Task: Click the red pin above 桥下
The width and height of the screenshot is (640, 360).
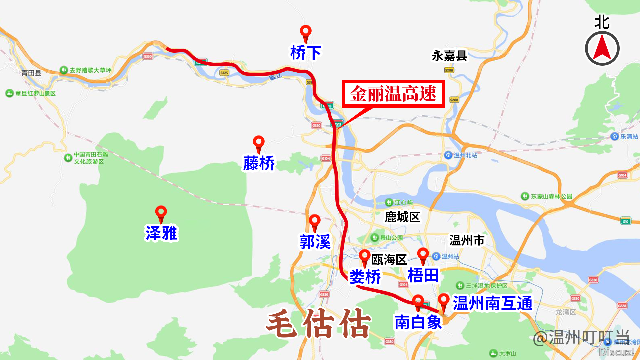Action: click(x=306, y=32)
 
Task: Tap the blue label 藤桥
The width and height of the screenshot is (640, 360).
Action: click(x=259, y=163)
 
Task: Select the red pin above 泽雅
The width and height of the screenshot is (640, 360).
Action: click(x=161, y=212)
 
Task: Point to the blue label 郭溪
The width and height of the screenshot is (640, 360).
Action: click(x=315, y=242)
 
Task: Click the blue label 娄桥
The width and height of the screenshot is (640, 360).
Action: click(x=365, y=277)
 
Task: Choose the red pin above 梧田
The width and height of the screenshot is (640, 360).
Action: click(x=423, y=255)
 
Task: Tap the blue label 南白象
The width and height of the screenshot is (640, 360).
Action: click(x=418, y=322)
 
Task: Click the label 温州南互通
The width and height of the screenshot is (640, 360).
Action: click(x=492, y=303)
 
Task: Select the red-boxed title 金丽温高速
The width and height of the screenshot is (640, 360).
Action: click(x=393, y=94)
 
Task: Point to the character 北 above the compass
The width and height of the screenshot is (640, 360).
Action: click(x=602, y=22)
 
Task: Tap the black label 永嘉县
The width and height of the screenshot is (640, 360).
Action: click(x=449, y=56)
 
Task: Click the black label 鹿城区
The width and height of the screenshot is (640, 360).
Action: click(x=402, y=217)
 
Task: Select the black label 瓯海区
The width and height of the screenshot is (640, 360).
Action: click(x=389, y=260)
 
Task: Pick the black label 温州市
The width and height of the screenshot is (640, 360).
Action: click(x=467, y=240)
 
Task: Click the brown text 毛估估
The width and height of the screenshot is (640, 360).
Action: click(x=318, y=323)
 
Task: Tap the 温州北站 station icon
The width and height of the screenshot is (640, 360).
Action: click(x=448, y=155)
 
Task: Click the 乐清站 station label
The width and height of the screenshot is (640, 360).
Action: click(x=629, y=136)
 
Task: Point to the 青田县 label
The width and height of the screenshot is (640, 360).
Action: click(x=31, y=73)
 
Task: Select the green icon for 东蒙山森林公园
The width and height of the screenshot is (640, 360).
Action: click(x=525, y=196)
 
